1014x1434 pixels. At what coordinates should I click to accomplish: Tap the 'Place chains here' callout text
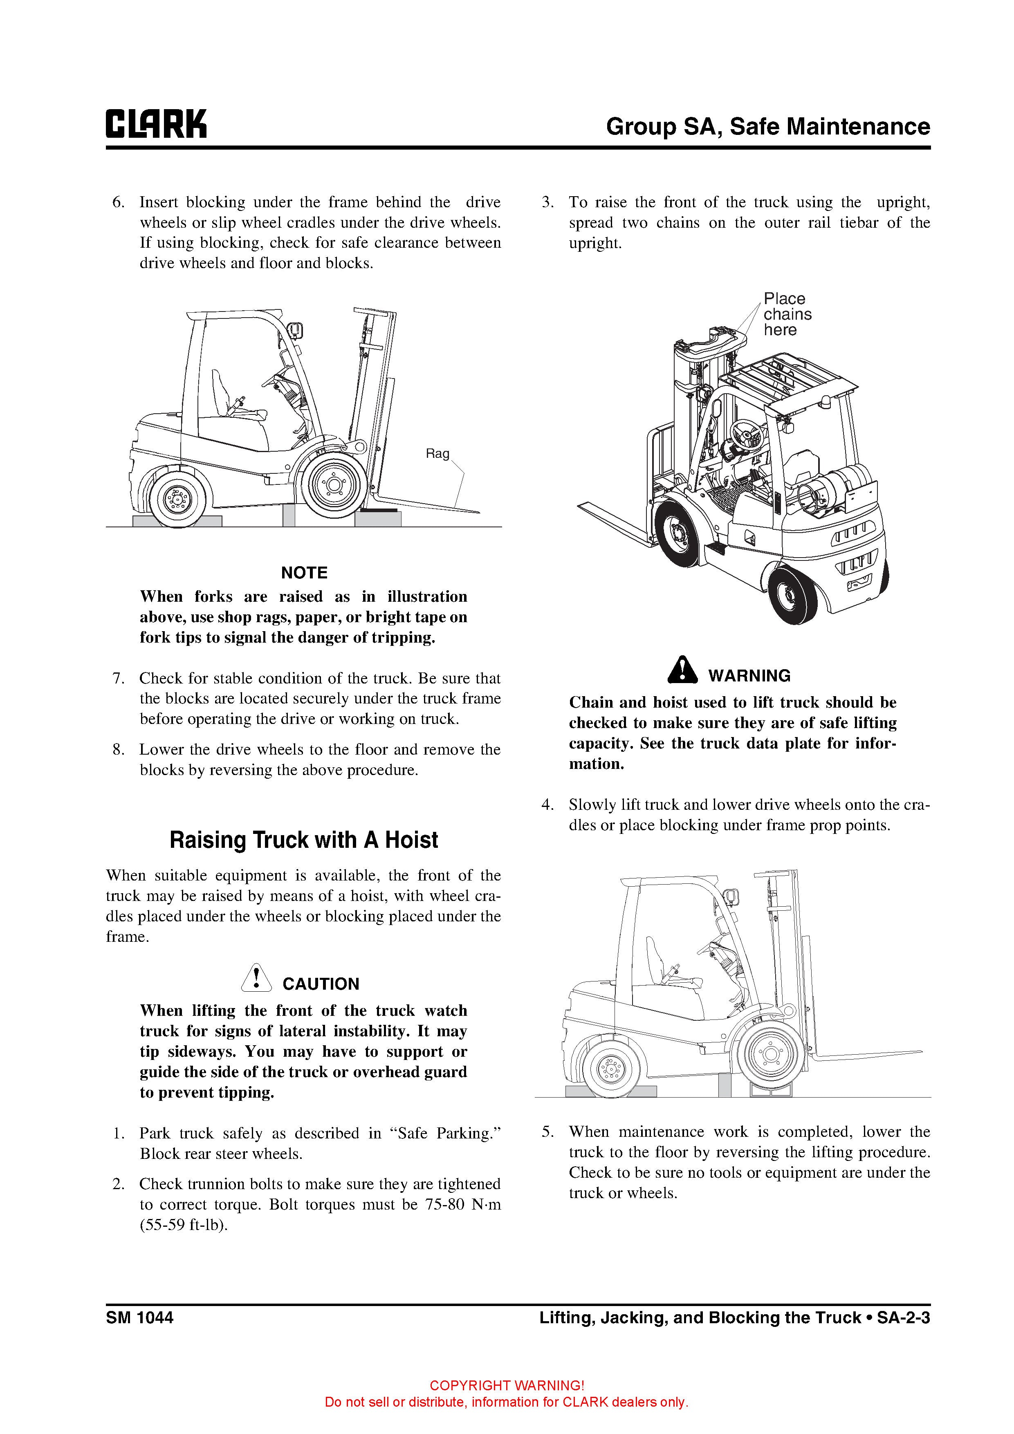pos(787,314)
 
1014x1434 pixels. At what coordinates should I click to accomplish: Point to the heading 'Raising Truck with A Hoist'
pos(304,840)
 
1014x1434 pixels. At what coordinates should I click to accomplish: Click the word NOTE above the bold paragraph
pos(304,573)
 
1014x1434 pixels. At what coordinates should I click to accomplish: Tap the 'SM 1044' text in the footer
pos(139,1318)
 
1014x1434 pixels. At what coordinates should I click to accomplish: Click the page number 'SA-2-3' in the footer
pos(904,1318)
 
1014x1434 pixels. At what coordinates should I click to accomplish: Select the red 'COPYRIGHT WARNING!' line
pos(507,1386)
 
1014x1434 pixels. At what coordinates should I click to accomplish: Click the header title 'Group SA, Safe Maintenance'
pos(768,127)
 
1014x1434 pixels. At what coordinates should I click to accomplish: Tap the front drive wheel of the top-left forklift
pos(334,484)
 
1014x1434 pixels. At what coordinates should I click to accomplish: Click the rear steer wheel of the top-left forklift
pos(177,498)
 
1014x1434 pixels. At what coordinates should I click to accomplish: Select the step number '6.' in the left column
pos(119,202)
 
